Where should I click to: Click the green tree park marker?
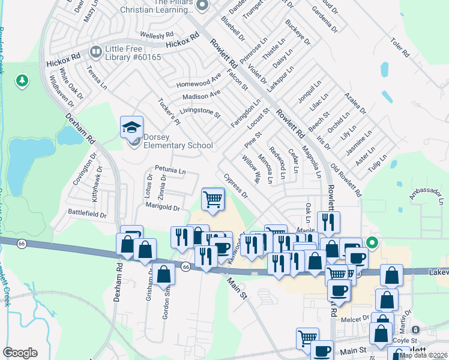22,80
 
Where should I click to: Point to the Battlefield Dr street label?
86,214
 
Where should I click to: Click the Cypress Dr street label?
235,186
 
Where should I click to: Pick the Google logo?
20,353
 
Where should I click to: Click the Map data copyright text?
423,355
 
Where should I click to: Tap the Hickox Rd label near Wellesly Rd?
182,41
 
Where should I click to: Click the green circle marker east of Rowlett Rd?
372,243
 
